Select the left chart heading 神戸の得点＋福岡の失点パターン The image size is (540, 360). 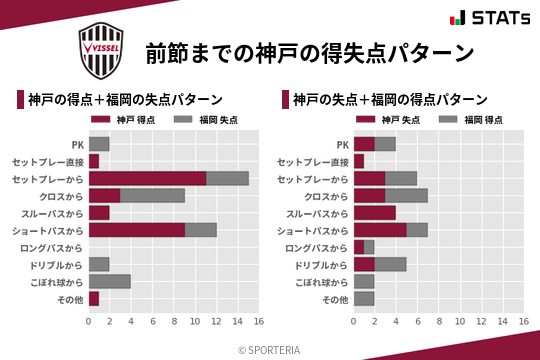tap(125, 100)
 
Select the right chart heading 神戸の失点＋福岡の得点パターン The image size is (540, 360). tap(390, 100)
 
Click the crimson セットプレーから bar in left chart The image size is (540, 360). tap(147, 178)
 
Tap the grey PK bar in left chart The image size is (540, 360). tap(99, 144)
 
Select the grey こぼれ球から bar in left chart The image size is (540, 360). tap(109, 281)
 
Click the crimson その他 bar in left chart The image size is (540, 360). tap(94, 298)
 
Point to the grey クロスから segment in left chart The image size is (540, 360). tap(152, 195)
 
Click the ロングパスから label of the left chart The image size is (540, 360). tap(55, 247)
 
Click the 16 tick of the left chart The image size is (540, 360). tap(258, 322)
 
